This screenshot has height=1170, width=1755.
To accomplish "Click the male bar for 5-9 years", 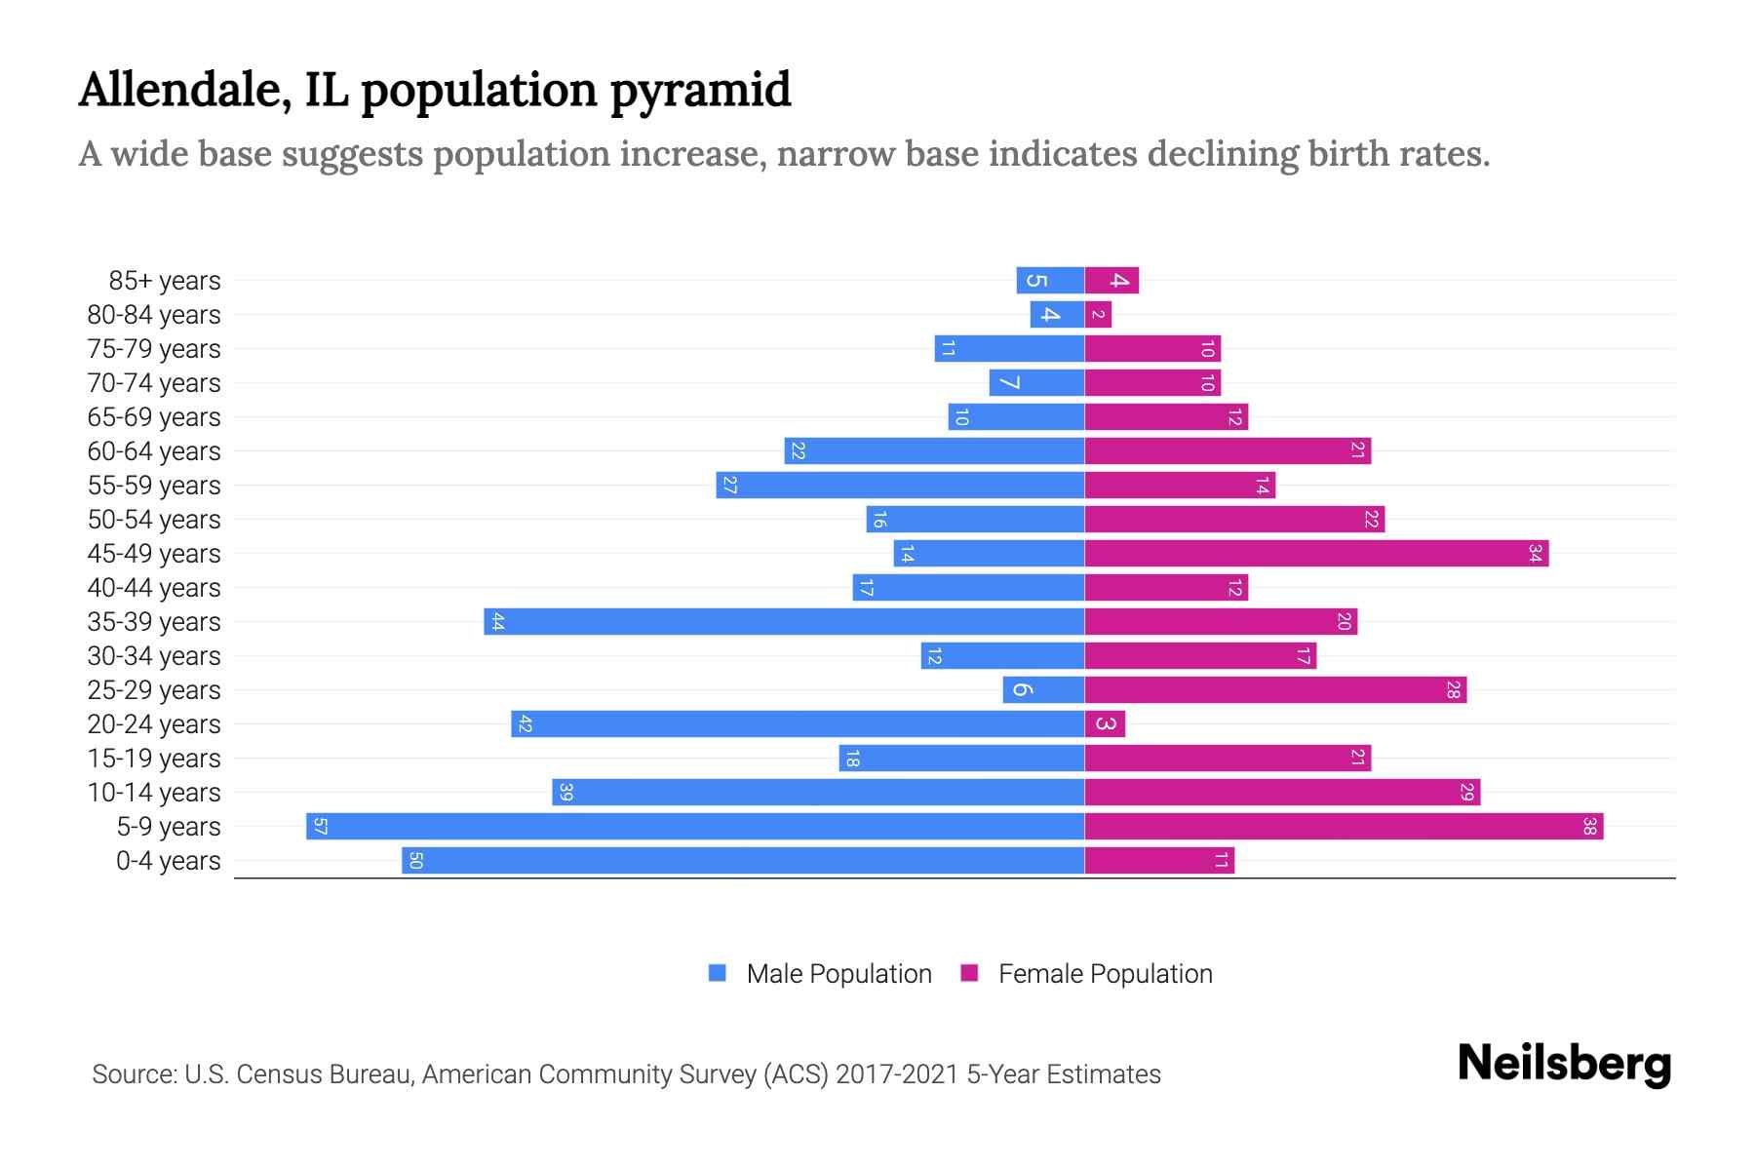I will (x=695, y=827).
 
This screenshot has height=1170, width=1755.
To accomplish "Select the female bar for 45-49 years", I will (x=1316, y=554).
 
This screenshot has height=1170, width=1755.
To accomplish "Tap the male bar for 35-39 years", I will (x=784, y=622).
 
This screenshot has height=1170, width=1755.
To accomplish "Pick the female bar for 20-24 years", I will (x=1105, y=724).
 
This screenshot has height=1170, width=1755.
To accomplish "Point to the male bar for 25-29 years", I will (x=1043, y=690).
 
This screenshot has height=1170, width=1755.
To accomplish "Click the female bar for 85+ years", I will (x=1111, y=281).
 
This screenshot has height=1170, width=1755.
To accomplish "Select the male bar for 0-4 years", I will (x=743, y=861).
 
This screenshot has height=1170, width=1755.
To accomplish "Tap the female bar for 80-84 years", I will (x=1098, y=315).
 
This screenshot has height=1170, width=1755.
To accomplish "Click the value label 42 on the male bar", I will (x=526, y=724).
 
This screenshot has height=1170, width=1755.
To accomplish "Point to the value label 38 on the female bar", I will (x=1589, y=827).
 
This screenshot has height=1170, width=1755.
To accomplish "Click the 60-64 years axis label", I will (x=154, y=451).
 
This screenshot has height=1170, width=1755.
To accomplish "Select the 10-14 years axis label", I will (x=154, y=793).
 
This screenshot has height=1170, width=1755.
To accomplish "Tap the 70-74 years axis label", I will (x=154, y=383).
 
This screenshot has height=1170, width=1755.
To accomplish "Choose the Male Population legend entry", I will (x=838, y=974).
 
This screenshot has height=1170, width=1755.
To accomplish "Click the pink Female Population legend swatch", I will (x=969, y=973).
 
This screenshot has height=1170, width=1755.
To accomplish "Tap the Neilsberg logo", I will (x=1564, y=1064).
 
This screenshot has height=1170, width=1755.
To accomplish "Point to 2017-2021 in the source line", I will (x=897, y=1074).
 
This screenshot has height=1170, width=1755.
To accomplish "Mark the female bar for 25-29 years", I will (x=1275, y=690).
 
